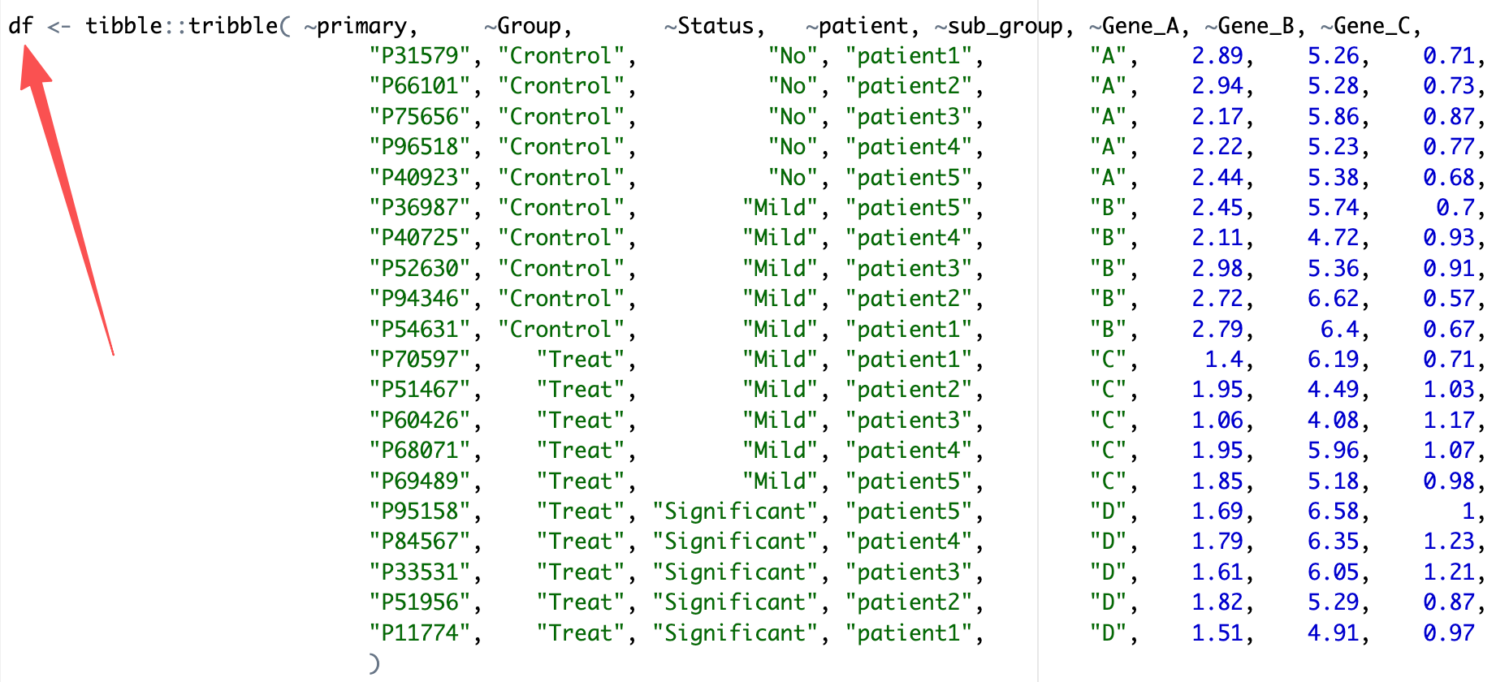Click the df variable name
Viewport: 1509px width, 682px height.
click(20, 26)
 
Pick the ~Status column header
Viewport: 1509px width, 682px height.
click(714, 26)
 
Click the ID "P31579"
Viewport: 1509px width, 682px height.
click(420, 56)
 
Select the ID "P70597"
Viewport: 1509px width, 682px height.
click(420, 360)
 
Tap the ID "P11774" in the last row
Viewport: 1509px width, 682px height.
click(420, 633)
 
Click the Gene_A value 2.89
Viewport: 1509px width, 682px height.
click(1217, 56)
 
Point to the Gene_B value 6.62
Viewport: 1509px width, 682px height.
click(1333, 299)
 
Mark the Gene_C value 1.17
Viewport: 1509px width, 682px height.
click(1448, 421)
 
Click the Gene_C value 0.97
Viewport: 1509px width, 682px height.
click(1448, 633)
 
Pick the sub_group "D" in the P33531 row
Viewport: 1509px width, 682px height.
click(1108, 572)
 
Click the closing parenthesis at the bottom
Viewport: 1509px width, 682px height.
click(374, 663)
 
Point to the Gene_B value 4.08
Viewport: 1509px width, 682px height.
click(1333, 421)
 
